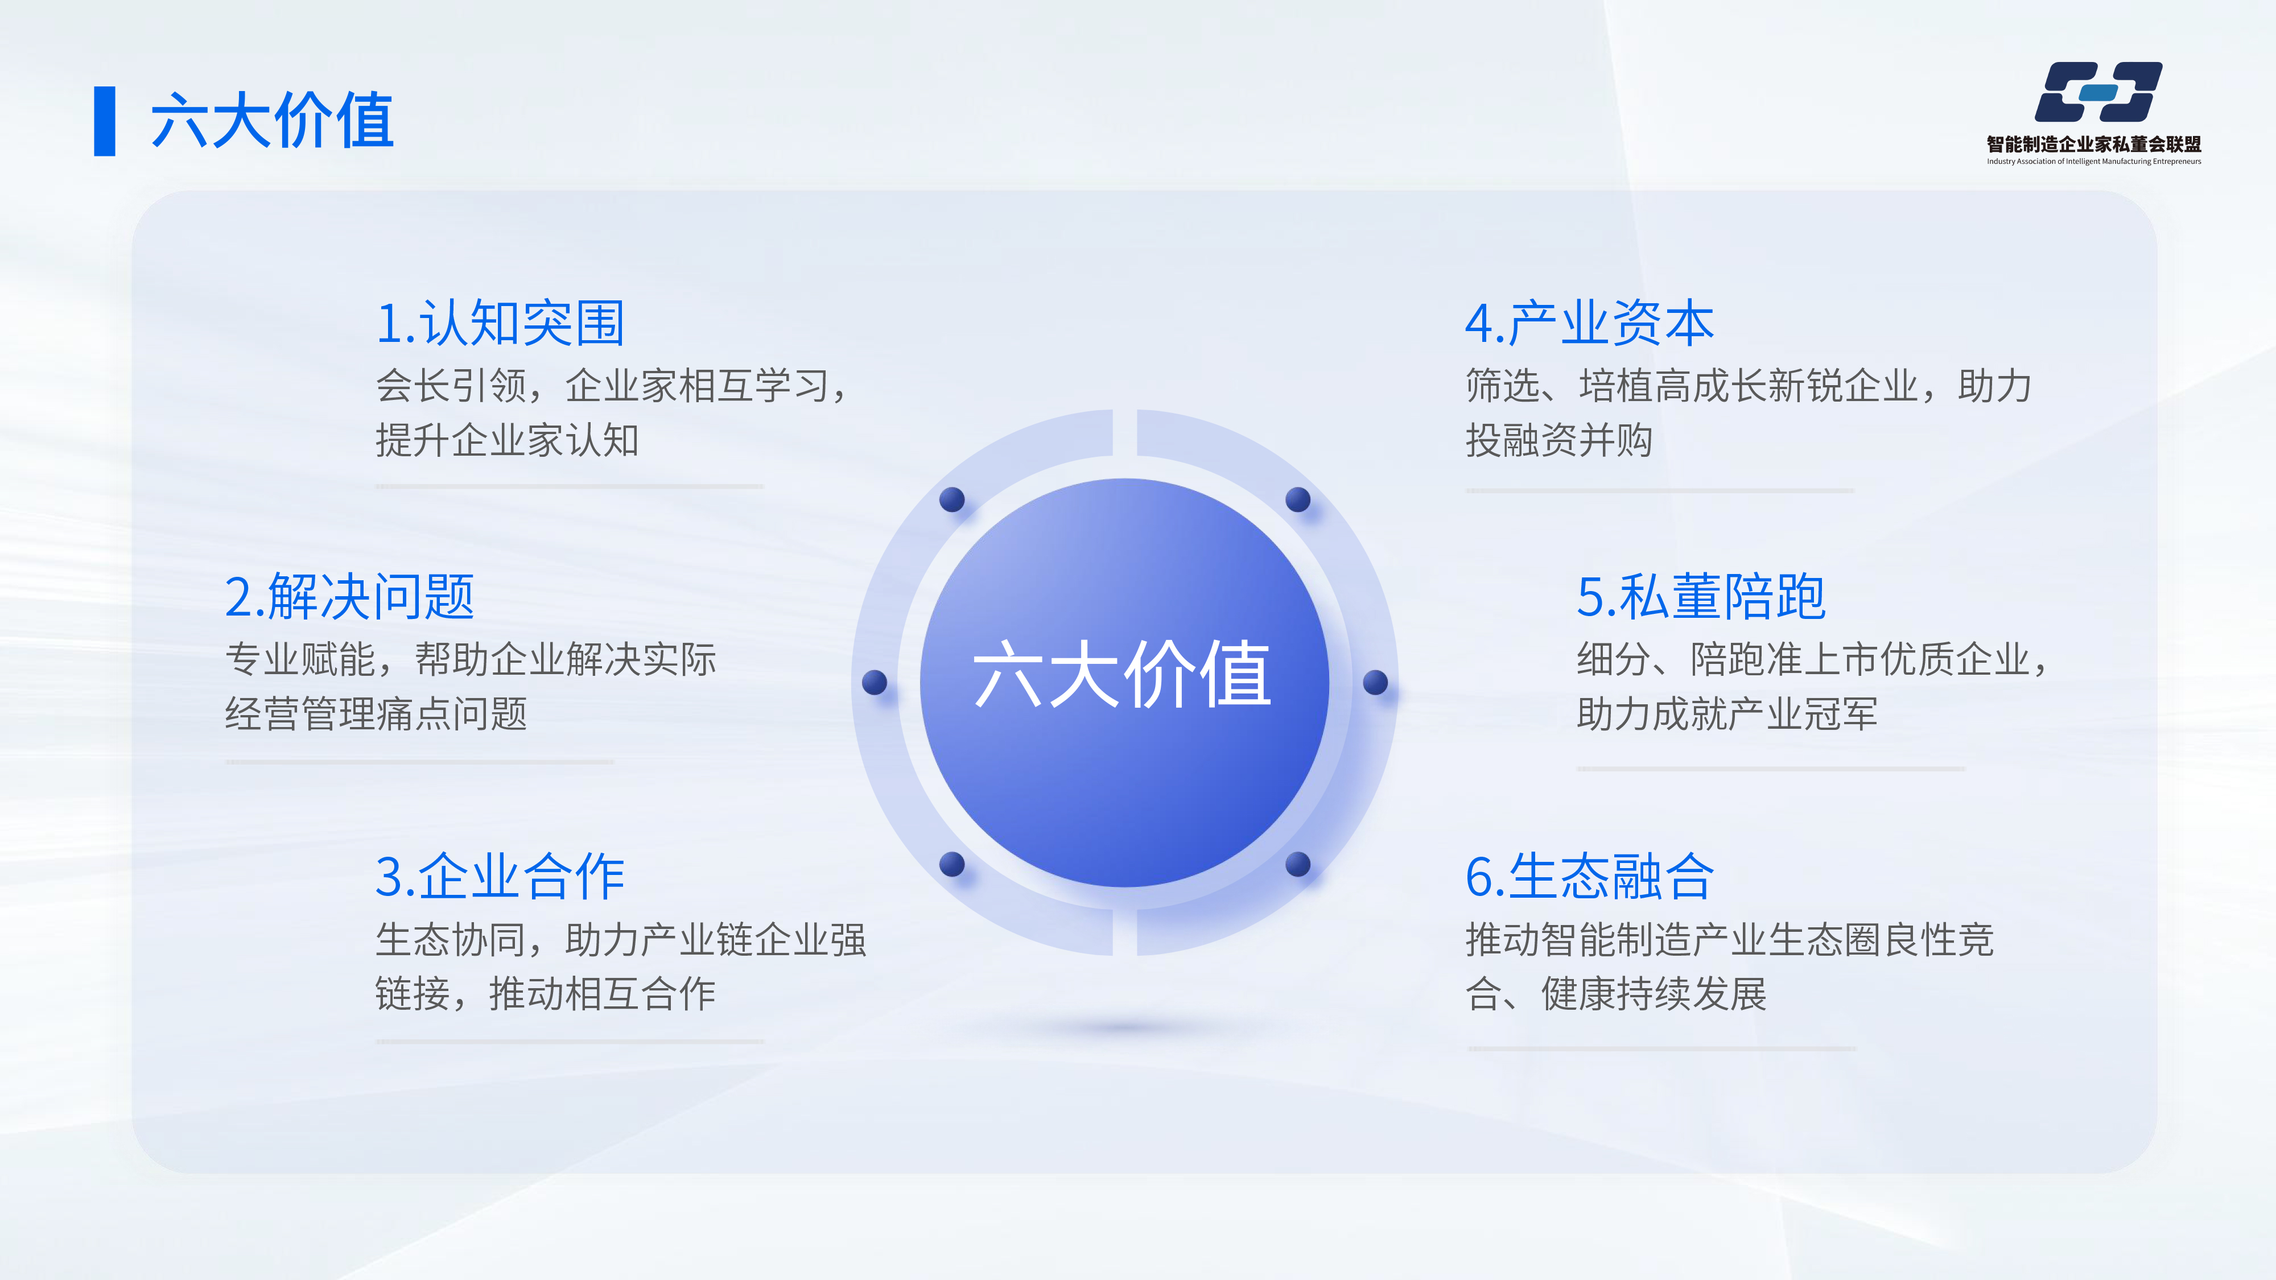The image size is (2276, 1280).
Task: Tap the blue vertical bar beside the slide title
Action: (x=104, y=121)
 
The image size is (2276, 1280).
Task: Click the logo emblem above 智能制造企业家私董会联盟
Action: (x=2098, y=92)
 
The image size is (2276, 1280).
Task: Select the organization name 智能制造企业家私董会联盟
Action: (x=2094, y=144)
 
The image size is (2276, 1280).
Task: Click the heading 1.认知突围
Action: (x=500, y=323)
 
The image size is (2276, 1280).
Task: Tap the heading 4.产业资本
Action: (x=1589, y=323)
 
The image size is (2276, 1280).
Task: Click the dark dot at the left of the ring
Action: (x=875, y=682)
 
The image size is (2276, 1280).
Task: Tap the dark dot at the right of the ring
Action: (x=1376, y=682)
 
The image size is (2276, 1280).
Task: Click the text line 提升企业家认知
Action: (x=507, y=440)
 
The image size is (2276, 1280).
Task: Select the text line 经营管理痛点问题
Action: (x=376, y=714)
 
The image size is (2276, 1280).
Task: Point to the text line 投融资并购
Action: (x=1558, y=440)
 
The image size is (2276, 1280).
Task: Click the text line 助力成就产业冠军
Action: (x=1727, y=714)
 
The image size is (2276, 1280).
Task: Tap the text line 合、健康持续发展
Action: (x=1616, y=994)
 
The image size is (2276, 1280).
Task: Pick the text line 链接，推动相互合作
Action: (x=545, y=994)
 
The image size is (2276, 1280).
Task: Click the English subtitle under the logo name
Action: (x=2094, y=162)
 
